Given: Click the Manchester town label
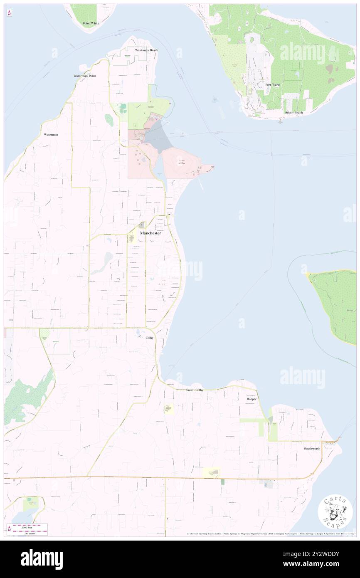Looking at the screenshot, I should click(150, 233).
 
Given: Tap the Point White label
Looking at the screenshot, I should click(91, 23).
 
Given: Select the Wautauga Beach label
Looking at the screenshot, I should click(146, 50).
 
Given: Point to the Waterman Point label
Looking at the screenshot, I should click(84, 76).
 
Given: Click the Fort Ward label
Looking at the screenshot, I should click(273, 85).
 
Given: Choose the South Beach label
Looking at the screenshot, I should click(294, 113).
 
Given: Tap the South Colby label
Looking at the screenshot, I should click(194, 390).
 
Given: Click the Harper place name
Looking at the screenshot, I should click(252, 399).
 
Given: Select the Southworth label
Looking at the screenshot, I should click(312, 449).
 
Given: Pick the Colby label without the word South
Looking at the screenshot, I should click(150, 338).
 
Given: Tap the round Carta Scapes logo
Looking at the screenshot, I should click(335, 512).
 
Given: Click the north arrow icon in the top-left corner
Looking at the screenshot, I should click(9, 13).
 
